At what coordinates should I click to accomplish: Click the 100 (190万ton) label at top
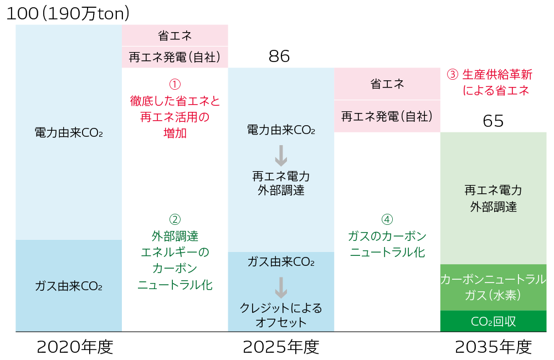point(67,14)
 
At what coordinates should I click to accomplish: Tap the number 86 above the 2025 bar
point(279,56)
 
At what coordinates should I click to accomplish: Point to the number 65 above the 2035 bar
point(493,121)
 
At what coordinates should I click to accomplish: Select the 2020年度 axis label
point(75,347)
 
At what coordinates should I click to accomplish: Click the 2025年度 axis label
point(281,347)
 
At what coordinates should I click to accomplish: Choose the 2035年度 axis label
point(493,347)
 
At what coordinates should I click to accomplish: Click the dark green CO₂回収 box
point(493,321)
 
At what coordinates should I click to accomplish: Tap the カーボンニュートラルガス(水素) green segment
point(493,287)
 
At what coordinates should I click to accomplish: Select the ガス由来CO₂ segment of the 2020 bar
point(69,286)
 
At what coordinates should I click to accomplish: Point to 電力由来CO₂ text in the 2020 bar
point(69,132)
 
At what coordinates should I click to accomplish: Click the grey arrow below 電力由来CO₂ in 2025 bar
point(281,156)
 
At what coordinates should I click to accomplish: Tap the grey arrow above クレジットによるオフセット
point(281,287)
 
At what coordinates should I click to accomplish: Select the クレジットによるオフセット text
point(281,315)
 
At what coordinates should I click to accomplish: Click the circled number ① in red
point(175,84)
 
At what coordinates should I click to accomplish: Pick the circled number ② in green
point(175,219)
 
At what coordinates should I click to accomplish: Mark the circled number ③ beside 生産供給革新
point(452,74)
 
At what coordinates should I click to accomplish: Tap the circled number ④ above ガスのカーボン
point(387,219)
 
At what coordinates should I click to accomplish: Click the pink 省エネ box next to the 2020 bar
point(175,35)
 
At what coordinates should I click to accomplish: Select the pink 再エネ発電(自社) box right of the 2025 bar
point(387,116)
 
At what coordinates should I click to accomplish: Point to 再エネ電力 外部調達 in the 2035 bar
point(493,198)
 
